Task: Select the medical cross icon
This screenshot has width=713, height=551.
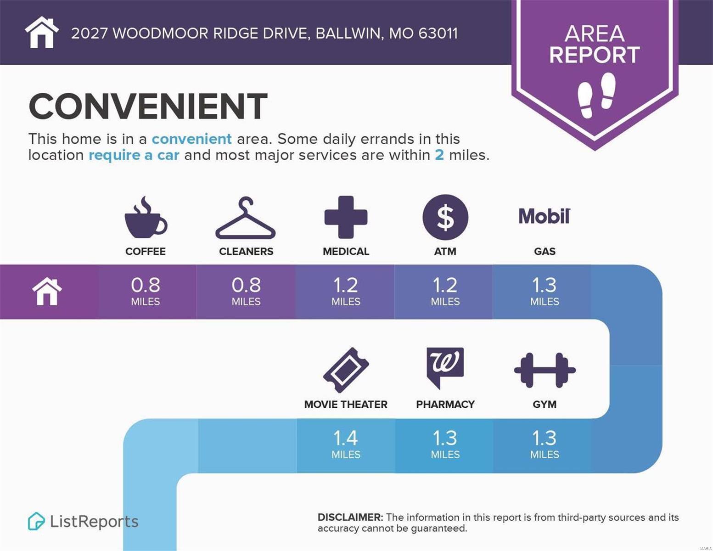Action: click(x=346, y=217)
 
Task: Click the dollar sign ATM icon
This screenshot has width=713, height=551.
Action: click(x=445, y=217)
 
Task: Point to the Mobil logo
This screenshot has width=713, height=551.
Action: click(x=545, y=216)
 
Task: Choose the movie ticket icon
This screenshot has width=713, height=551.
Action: click(x=346, y=370)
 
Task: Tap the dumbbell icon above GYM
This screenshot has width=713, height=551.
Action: click(x=545, y=370)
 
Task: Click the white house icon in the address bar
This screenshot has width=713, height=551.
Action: click(x=42, y=32)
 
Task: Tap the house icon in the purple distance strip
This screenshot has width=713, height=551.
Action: click(x=47, y=292)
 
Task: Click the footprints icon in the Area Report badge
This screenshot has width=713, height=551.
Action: click(x=596, y=95)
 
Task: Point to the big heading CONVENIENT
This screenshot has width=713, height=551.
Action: click(x=148, y=106)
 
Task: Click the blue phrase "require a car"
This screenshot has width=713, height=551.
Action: click(x=134, y=155)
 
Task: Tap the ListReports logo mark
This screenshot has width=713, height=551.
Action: click(x=36, y=521)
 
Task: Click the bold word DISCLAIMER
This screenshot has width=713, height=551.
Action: click(x=350, y=517)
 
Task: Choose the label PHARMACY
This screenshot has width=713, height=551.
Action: click(x=445, y=405)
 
